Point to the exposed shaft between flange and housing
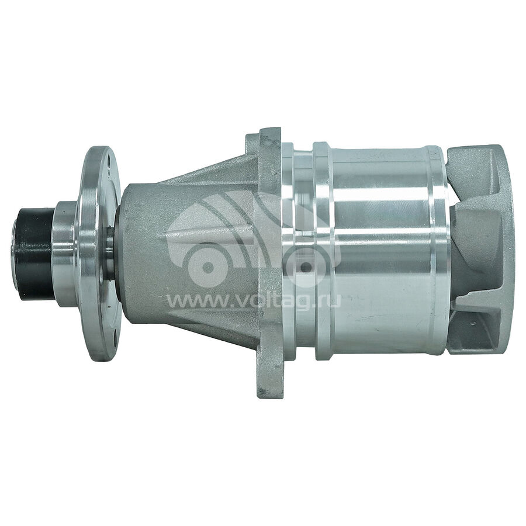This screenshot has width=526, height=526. click(110, 252)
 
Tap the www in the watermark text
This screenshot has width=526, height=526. click(190, 302)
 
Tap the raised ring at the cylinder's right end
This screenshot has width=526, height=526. click(440, 251)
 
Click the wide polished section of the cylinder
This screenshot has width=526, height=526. click(380, 251)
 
